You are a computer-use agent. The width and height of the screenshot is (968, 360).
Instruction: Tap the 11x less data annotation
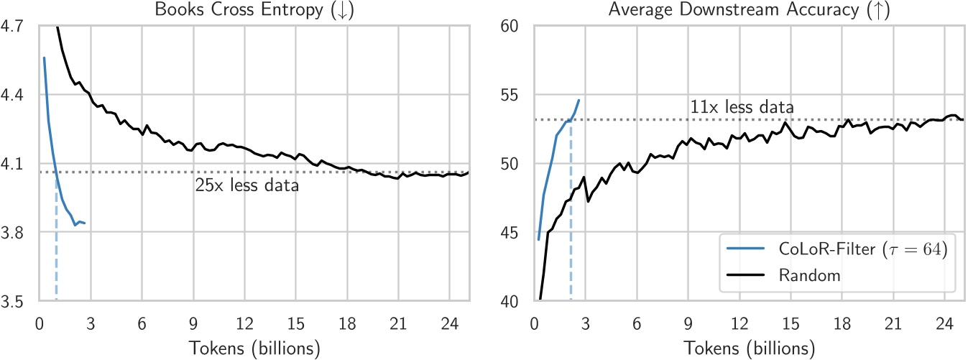(742, 108)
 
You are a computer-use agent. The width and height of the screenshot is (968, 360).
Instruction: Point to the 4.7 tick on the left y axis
(14, 27)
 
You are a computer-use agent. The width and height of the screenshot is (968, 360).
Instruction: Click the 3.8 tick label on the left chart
(14, 234)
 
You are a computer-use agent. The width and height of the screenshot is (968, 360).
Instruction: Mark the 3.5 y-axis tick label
(14, 303)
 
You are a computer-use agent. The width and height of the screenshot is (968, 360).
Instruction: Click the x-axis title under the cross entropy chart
(254, 349)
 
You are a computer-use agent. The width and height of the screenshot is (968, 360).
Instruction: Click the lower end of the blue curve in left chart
(85, 223)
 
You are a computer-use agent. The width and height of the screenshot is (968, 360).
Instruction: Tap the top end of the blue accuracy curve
(579, 101)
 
